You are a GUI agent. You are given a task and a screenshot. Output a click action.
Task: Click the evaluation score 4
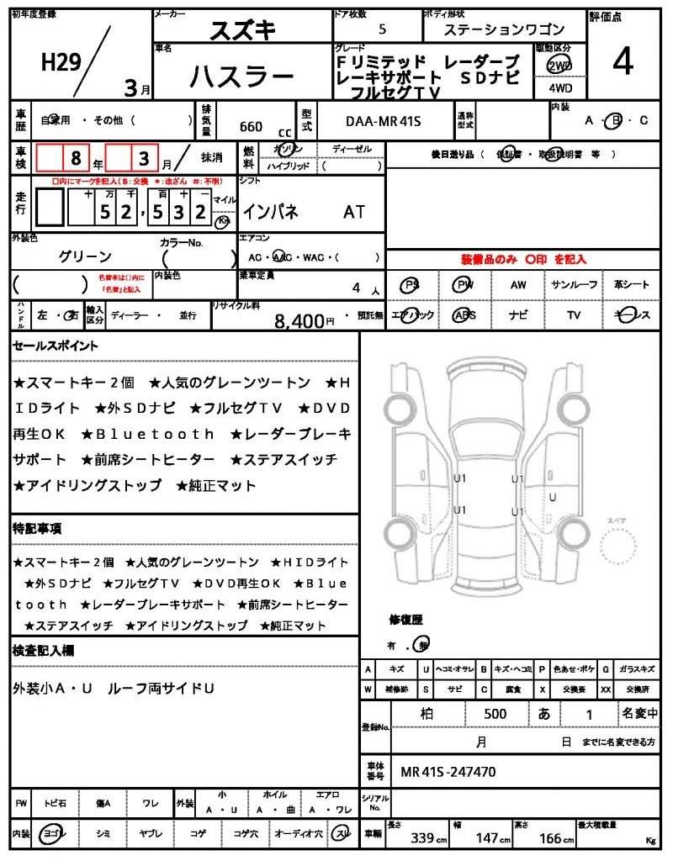623,62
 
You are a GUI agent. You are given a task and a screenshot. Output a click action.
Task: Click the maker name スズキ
243,29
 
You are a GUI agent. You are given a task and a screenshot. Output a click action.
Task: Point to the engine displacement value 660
251,127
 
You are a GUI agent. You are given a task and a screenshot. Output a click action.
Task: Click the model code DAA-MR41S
383,121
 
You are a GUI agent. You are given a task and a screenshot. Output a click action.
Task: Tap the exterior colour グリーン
85,256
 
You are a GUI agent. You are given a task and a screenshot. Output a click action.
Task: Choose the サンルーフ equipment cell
575,285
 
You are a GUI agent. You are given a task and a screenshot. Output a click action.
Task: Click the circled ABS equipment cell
464,315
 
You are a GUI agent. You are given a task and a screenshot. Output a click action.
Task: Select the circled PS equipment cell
411,285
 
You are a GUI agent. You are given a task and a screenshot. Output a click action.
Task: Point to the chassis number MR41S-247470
448,771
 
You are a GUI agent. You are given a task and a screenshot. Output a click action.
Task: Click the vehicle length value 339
422,837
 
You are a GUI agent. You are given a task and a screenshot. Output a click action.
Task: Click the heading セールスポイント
56,346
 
